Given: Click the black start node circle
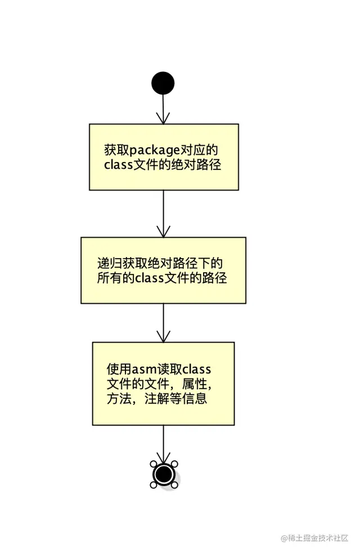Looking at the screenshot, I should coord(163,83).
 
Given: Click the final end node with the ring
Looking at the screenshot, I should coord(164,474).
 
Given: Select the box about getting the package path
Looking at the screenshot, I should coord(164,157).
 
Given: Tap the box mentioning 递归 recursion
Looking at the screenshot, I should coord(163,270).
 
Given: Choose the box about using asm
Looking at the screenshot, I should coord(163,384).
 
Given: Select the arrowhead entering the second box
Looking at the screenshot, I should coord(163,232).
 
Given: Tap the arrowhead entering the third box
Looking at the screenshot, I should coord(163,337).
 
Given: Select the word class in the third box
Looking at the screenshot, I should coord(197,370).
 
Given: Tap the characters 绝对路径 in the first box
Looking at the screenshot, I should coord(202,165).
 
